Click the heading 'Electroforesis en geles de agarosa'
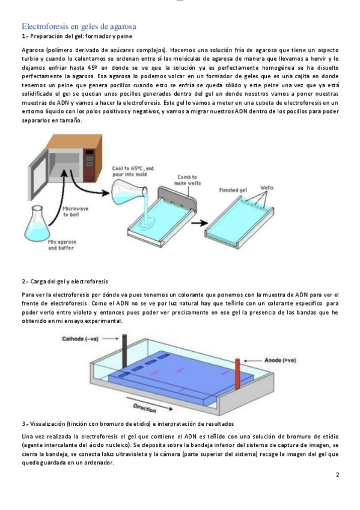pyautogui.click(x=79, y=26)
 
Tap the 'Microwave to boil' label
pyautogui.click(x=75, y=212)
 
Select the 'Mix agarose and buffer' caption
pyautogui.click(x=62, y=245)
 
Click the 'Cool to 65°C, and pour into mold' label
pyautogui.click(x=133, y=171)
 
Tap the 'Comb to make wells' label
pyautogui.click(x=188, y=180)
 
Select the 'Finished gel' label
pyautogui.click(x=233, y=190)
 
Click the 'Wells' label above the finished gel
pyautogui.click(x=267, y=188)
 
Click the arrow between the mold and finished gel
pyautogui.click(x=199, y=223)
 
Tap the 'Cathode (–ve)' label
pyautogui.click(x=81, y=339)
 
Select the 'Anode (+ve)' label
pyautogui.click(x=280, y=360)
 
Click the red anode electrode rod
pyautogui.click(x=237, y=374)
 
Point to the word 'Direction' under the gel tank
pyautogui.click(x=145, y=408)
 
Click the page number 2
pyautogui.click(x=337, y=475)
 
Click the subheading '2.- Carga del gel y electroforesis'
pyautogui.click(x=65, y=281)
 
